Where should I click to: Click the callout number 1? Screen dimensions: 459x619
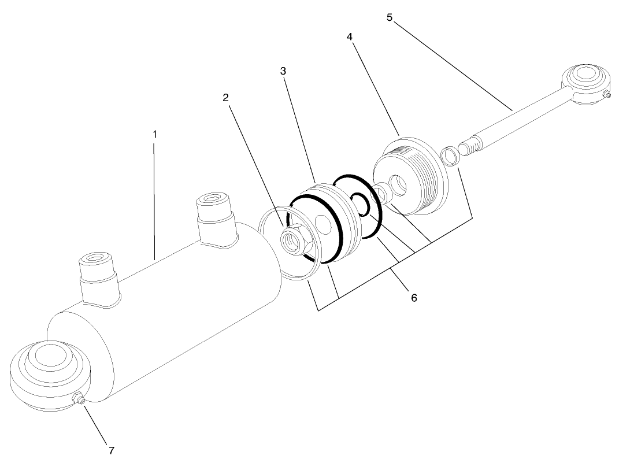pyautogui.click(x=154, y=134)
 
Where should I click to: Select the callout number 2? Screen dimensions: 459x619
pyautogui.click(x=226, y=98)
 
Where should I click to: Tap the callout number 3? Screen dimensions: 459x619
pyautogui.click(x=283, y=71)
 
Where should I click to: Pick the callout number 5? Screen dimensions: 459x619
pyautogui.click(x=390, y=17)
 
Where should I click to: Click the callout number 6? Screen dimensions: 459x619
pyautogui.click(x=413, y=298)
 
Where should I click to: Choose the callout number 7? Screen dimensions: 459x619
pyautogui.click(x=111, y=449)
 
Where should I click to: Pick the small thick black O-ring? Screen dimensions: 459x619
pyautogui.click(x=361, y=203)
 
